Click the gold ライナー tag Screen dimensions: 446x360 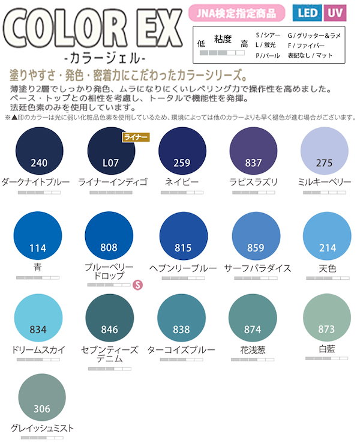(x=135, y=137)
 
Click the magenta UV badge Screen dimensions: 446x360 (x=337, y=12)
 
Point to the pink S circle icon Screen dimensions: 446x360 (x=137, y=283)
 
